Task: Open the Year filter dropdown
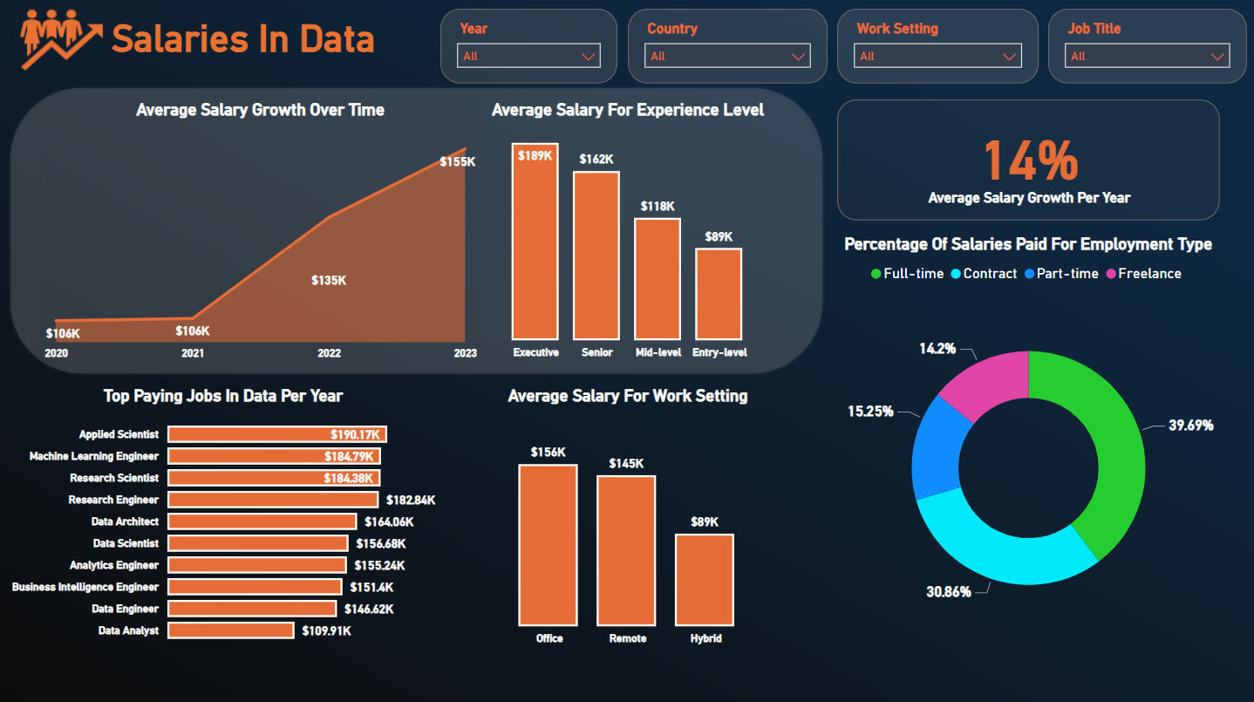528,56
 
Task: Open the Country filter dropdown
727,56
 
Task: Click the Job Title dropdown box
1147,56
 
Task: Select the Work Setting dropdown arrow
1011,57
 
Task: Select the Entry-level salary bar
719,294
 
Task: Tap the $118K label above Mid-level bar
658,207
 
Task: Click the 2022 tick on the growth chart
329,353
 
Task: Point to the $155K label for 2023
457,161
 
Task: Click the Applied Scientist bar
276,434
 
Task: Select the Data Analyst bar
230,630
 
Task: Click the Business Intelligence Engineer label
85,587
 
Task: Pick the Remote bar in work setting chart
626,550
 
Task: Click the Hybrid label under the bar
705,638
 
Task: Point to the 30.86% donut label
948,592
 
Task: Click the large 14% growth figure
1030,160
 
